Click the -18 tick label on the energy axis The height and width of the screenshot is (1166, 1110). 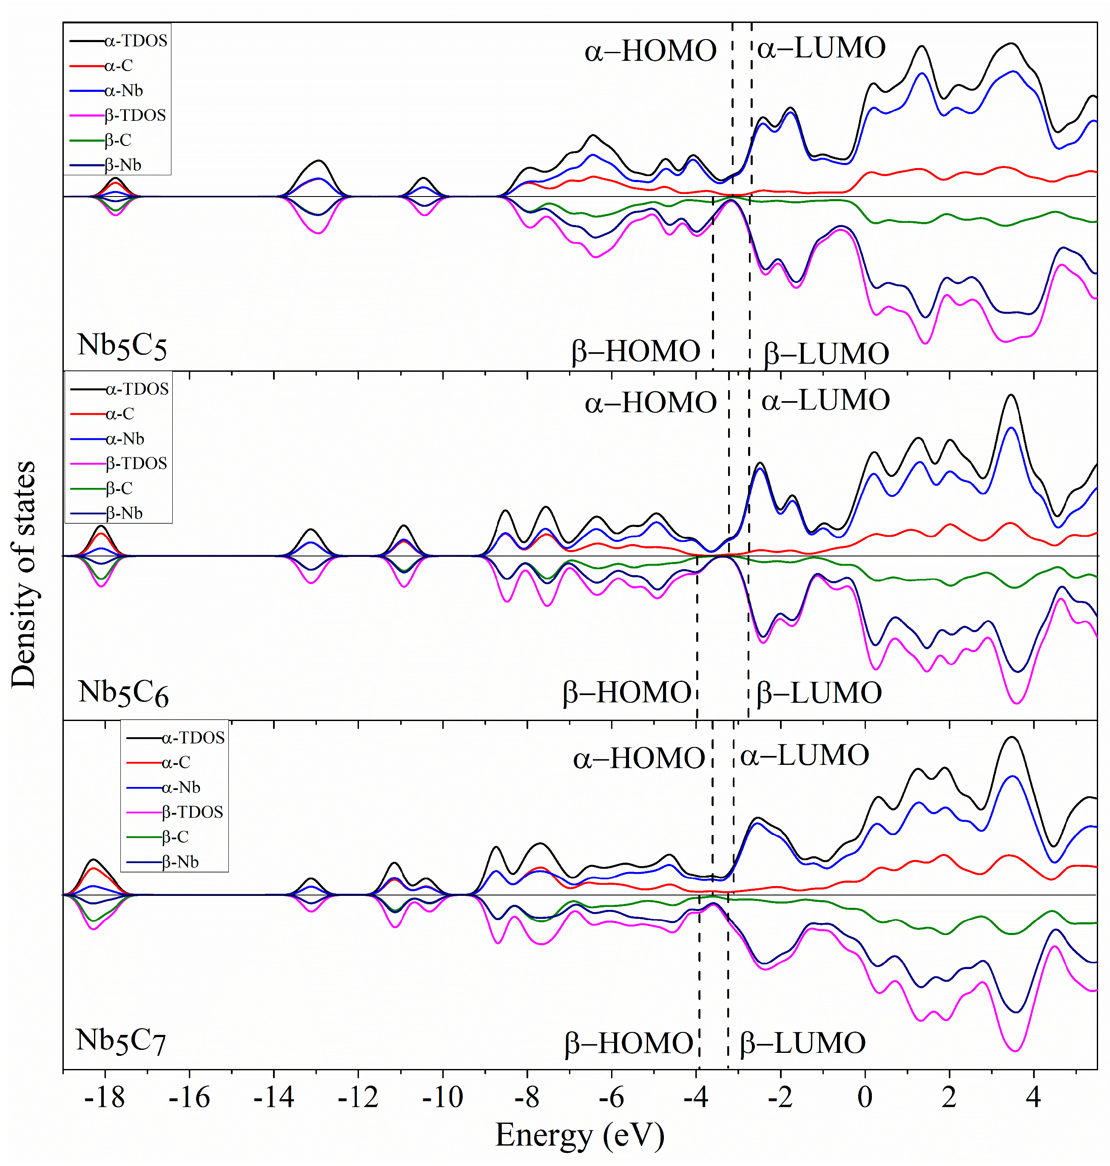point(105,1098)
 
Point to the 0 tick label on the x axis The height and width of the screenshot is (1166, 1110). point(865,1098)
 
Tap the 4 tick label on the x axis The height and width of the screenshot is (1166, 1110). point(1033,1098)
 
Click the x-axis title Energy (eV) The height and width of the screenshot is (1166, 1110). point(579,1136)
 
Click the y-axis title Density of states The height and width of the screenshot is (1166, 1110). point(24,574)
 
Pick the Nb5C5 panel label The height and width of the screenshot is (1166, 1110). point(122,345)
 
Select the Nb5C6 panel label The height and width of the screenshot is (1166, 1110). point(123,692)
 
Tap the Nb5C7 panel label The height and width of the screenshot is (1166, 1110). point(121,1040)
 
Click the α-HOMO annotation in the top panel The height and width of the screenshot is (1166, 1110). point(650,51)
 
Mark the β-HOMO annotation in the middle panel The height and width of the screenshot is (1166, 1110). point(626,692)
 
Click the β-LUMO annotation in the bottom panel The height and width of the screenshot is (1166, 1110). point(803,1043)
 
